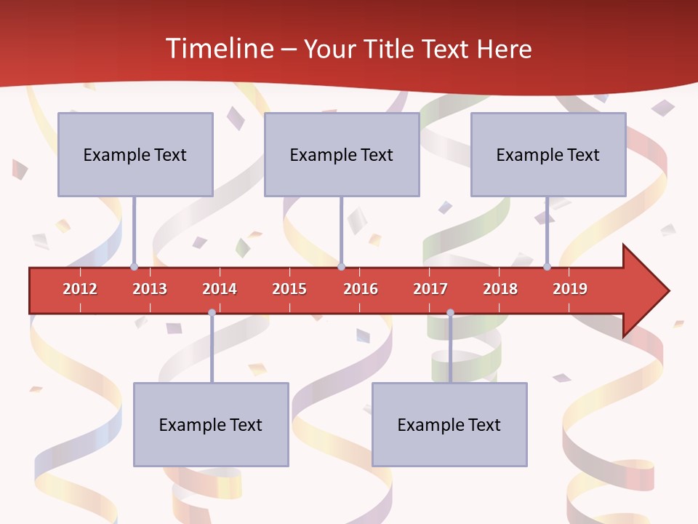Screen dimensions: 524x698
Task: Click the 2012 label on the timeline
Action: pos(80,289)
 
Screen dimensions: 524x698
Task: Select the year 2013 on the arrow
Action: pos(150,289)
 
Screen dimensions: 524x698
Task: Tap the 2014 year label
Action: pos(220,289)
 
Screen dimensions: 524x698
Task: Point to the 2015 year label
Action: pos(289,289)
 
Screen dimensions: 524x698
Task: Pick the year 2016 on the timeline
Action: pos(361,289)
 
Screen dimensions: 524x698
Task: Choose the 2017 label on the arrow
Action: pos(430,289)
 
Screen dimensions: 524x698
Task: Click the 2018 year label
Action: pos(500,289)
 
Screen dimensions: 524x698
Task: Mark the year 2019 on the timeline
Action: pos(570,289)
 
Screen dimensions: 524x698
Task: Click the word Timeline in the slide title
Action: pos(218,49)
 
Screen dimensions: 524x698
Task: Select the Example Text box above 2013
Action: pos(135,154)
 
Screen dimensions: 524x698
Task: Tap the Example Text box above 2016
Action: pos(342,154)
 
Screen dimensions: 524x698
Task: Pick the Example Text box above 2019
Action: pos(548,154)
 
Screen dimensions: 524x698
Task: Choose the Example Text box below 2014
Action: pos(211,424)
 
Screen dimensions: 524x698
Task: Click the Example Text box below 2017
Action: pos(449,424)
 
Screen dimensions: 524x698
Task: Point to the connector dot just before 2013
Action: pos(134,266)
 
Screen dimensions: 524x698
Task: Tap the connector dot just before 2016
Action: pos(341,266)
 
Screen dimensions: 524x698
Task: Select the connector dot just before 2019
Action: pos(547,266)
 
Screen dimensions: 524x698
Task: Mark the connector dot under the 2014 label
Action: pos(212,313)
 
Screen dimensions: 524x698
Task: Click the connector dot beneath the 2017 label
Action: pos(450,313)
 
